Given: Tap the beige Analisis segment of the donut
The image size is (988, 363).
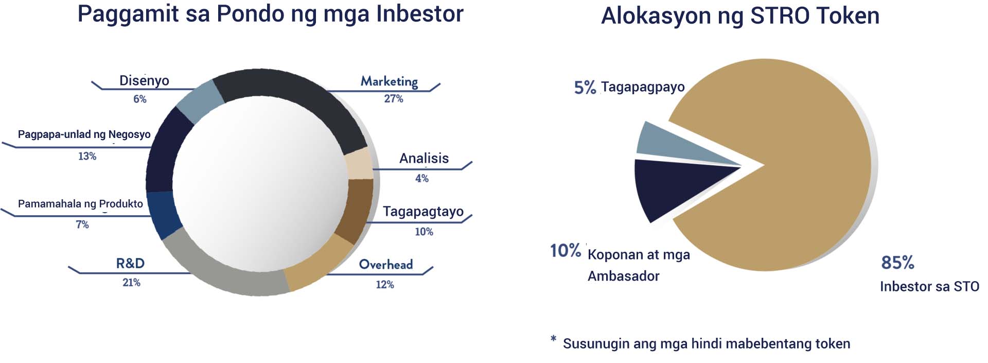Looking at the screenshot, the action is (359, 164).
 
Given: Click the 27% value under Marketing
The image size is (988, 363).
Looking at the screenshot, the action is (394, 98).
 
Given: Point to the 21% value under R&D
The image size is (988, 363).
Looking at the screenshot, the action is (131, 282).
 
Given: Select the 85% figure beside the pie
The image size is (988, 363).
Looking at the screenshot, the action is (897, 263).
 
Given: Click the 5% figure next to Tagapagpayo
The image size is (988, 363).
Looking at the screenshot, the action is (585, 88).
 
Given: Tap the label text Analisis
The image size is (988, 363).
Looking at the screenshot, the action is (424, 158).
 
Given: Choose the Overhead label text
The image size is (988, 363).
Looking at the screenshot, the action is (386, 264).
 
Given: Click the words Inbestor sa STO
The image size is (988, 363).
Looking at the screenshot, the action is (929, 286).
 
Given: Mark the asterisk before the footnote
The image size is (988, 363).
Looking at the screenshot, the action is (553, 339).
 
